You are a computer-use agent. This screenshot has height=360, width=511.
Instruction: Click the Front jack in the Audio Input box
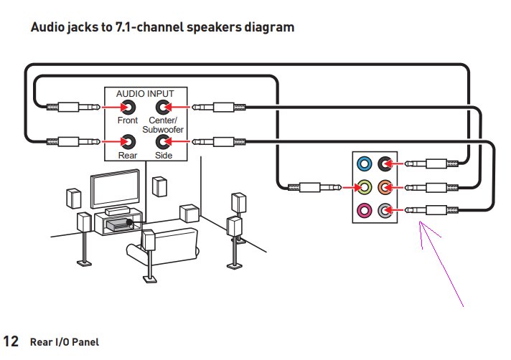click(128, 108)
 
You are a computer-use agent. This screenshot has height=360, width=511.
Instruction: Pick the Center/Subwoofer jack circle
click(164, 108)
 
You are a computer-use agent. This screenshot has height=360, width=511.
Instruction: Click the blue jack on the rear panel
click(365, 164)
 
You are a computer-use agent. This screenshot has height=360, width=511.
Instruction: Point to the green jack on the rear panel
click(365, 187)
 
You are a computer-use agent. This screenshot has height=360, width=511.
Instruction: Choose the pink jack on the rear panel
click(365, 210)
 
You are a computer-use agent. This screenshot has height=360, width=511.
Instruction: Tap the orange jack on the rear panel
click(386, 187)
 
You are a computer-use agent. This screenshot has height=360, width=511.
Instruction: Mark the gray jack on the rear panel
click(386, 210)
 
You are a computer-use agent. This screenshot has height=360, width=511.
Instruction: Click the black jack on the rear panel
click(386, 164)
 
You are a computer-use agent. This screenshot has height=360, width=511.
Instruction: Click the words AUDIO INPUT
click(145, 93)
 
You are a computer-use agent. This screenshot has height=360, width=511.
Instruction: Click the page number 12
click(11, 341)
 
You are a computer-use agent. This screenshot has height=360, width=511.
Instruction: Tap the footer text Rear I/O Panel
click(64, 342)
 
